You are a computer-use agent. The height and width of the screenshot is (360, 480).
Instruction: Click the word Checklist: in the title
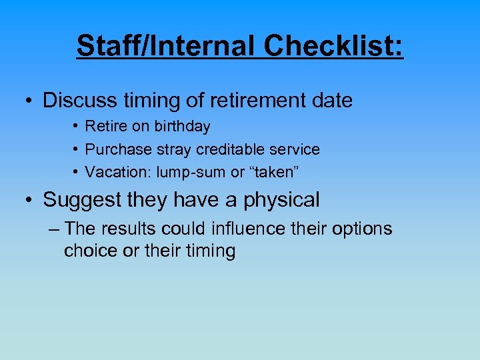(333, 46)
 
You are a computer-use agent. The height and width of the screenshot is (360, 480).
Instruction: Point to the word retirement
(248, 101)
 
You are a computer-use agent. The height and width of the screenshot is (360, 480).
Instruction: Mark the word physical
(279, 200)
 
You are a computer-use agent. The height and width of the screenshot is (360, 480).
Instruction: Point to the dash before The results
(55, 229)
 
